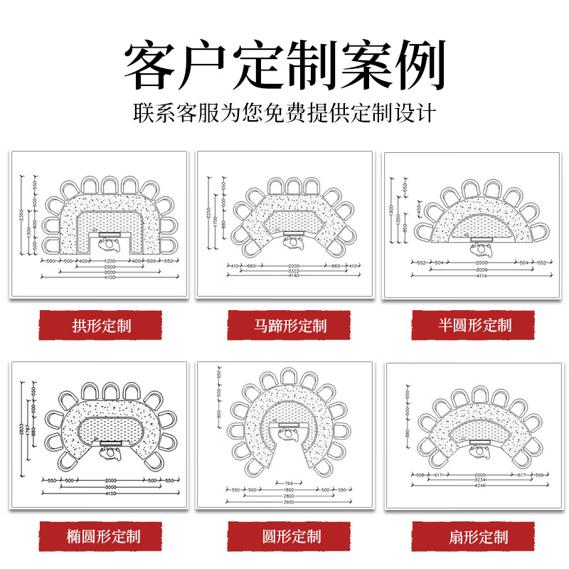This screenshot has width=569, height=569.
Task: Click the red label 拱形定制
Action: point(101,326)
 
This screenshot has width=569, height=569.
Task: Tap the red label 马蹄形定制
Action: point(289,326)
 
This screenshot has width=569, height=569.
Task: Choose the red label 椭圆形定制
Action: point(101,536)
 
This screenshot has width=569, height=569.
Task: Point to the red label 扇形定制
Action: point(475,536)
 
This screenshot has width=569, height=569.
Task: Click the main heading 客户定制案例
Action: point(284,65)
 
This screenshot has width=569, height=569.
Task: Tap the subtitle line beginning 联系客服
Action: point(284,113)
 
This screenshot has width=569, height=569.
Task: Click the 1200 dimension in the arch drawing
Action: point(110,261)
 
